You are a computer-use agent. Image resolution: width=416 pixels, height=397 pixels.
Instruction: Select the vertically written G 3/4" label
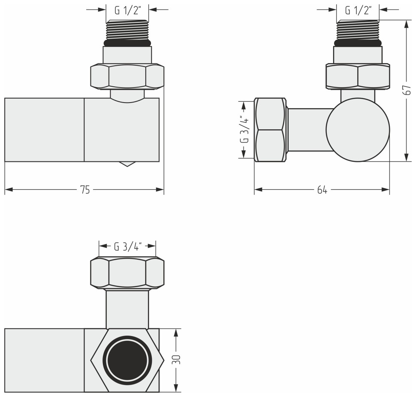244,129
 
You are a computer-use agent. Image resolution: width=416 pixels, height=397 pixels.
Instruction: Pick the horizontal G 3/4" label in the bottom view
127,246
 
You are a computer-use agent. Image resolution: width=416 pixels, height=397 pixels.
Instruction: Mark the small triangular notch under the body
127,164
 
